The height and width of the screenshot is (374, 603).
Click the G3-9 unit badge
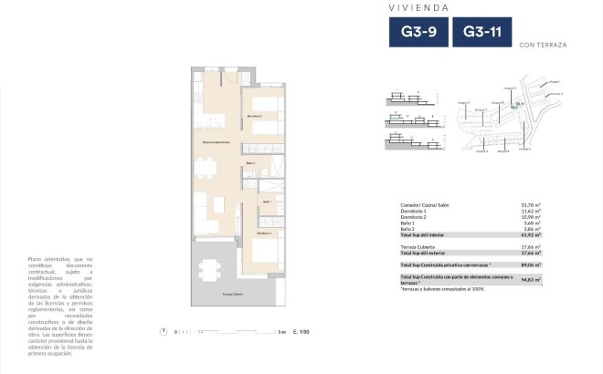418,34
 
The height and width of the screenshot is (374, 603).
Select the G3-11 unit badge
481,34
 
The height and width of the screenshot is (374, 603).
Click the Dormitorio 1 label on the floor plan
263,234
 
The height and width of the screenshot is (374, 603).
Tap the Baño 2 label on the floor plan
250,163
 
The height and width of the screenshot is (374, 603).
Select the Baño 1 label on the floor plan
267,202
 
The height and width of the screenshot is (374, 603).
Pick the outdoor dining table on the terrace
211,269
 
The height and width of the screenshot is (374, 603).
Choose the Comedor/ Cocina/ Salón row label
425,205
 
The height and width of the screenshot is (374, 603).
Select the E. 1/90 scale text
302,332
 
